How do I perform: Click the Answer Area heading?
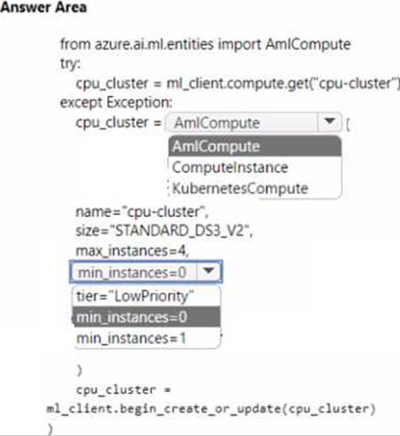pyautogui.click(x=44, y=7)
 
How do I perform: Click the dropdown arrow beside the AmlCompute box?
pyautogui.click(x=330, y=122)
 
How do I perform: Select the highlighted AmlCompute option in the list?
pyautogui.click(x=255, y=146)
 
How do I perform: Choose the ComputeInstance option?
pyautogui.click(x=230, y=167)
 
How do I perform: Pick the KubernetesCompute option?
pyautogui.click(x=240, y=189)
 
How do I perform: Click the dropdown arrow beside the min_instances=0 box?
pyautogui.click(x=209, y=271)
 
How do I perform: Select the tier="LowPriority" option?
pyautogui.click(x=135, y=296)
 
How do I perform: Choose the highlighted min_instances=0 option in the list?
pyautogui.click(x=146, y=317)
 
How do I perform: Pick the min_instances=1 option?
pyautogui.click(x=131, y=339)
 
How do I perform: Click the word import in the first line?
pyautogui.click(x=240, y=44)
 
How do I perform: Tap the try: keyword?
pyautogui.click(x=70, y=64)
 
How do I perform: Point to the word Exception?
pyautogui.click(x=139, y=103)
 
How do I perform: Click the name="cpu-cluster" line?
pyautogui.click(x=142, y=212)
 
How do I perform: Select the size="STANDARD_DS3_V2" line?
pyautogui.click(x=164, y=231)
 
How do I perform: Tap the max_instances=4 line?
pyautogui.click(x=132, y=251)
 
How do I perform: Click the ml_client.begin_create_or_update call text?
pyautogui.click(x=211, y=409)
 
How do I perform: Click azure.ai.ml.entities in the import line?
pyautogui.click(x=154, y=44)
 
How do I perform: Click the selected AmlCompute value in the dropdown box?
pyautogui.click(x=217, y=122)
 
